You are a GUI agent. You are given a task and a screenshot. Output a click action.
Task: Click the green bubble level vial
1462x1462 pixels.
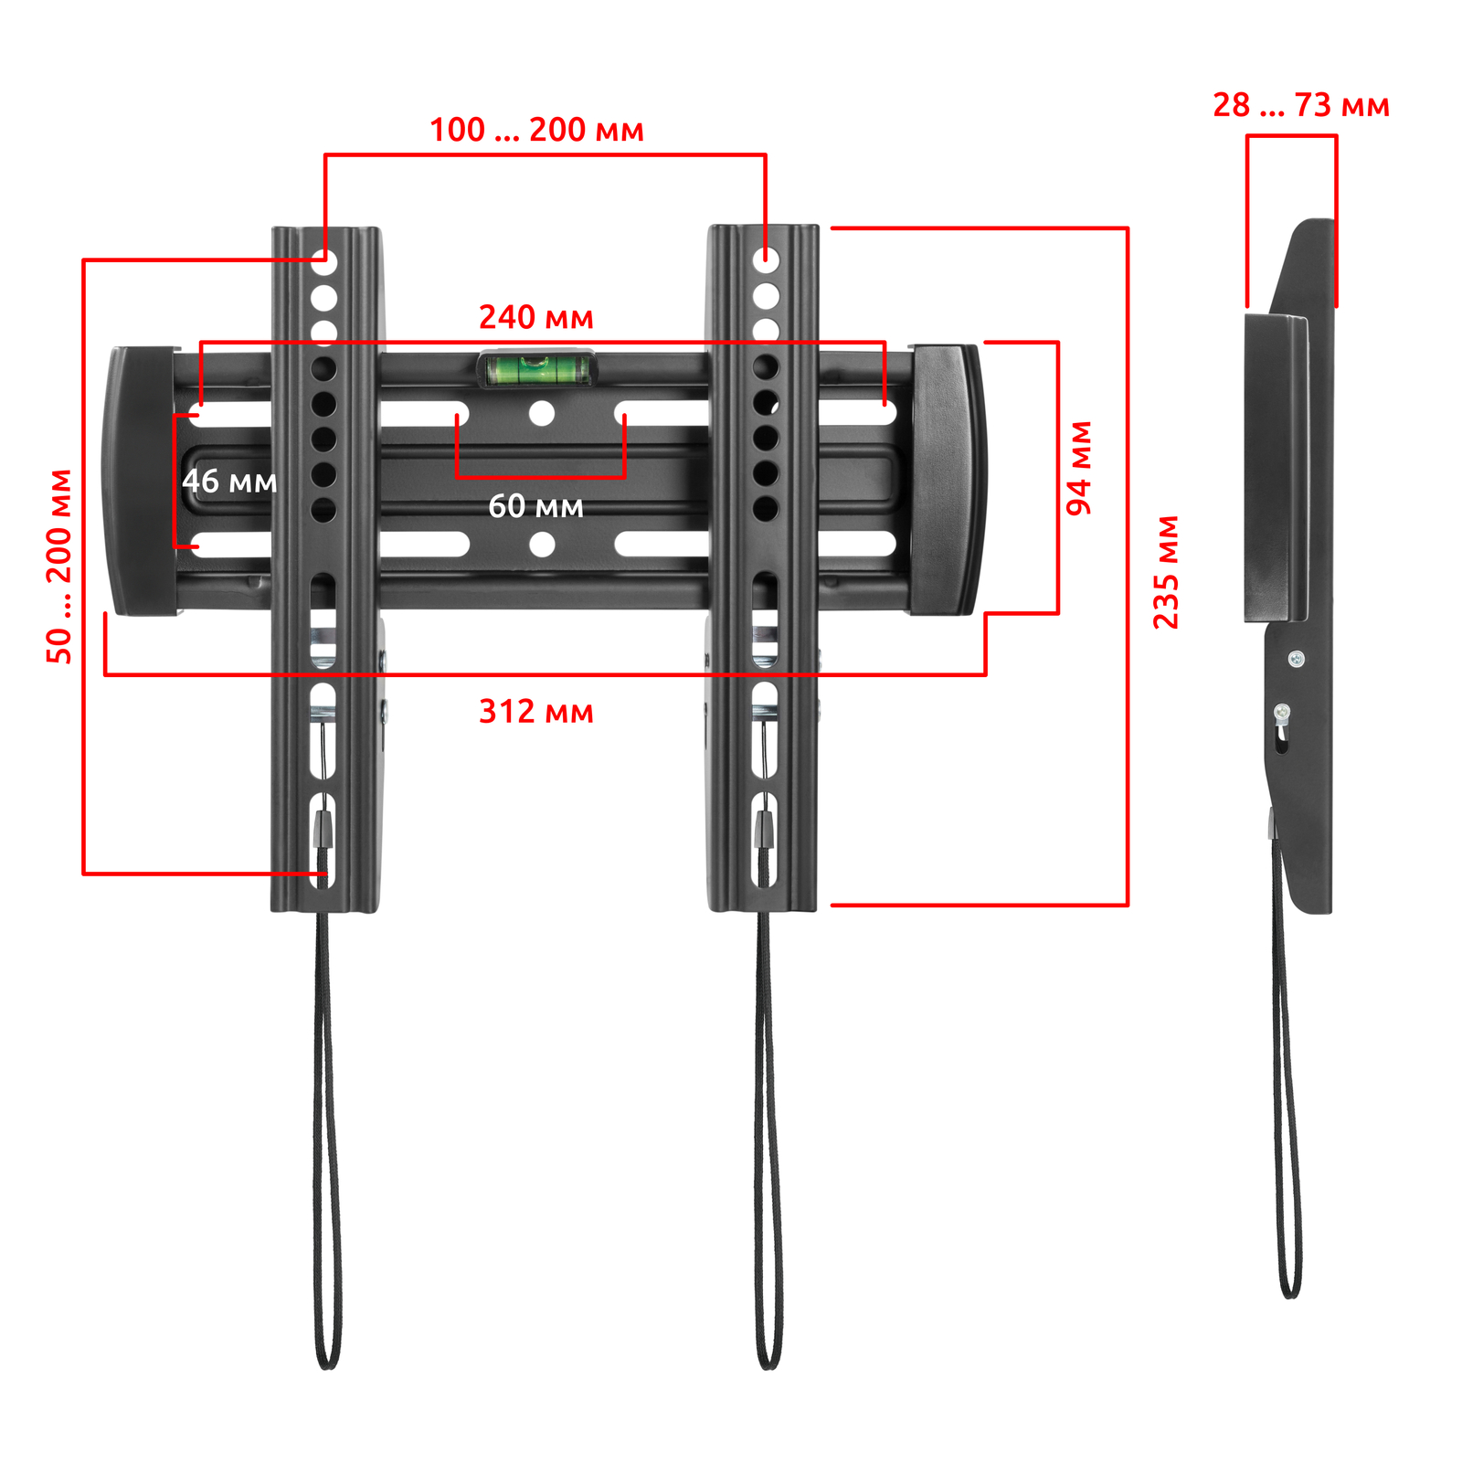pyautogui.click(x=536, y=369)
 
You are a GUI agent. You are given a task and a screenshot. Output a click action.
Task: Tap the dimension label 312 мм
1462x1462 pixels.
pyautogui.click(x=536, y=712)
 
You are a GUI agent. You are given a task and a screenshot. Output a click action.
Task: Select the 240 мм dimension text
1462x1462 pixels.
pyautogui.click(x=536, y=318)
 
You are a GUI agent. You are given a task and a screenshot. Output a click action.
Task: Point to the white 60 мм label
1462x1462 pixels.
pyautogui.click(x=535, y=506)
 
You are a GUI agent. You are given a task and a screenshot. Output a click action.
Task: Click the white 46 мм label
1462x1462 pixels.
pyautogui.click(x=229, y=482)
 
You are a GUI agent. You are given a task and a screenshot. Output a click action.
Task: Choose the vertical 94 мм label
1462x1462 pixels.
pyautogui.click(x=1079, y=468)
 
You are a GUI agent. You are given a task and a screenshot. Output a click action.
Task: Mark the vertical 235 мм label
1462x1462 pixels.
pyautogui.click(x=1166, y=572)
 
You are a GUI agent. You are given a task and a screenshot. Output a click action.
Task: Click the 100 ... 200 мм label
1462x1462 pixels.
pyautogui.click(x=537, y=130)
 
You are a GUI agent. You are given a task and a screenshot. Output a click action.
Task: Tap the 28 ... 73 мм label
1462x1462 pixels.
pyautogui.click(x=1301, y=106)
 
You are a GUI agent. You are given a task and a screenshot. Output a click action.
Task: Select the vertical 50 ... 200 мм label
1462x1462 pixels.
pyautogui.click(x=59, y=567)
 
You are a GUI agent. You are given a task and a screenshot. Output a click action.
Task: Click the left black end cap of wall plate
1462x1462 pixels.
pyautogui.click(x=142, y=481)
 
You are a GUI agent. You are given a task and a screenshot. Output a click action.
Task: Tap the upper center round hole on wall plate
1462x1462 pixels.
pyautogui.click(x=542, y=414)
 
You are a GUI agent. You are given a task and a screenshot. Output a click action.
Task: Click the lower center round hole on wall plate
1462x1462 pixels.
pyautogui.click(x=542, y=545)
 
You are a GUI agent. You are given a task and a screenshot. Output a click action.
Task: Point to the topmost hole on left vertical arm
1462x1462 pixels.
pyautogui.click(x=324, y=263)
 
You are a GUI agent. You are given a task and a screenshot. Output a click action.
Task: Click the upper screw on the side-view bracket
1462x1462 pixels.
pyautogui.click(x=1296, y=658)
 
